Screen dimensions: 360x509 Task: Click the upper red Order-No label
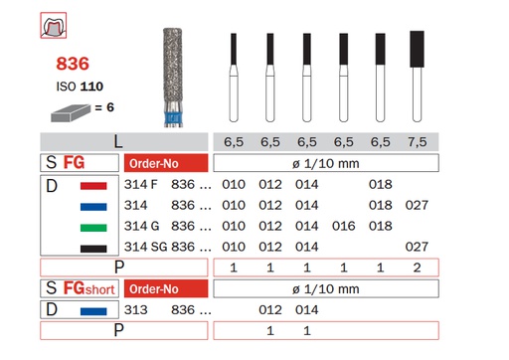click(x=165, y=163)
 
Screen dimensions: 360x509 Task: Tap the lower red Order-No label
click(x=165, y=289)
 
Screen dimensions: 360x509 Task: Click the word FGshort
click(x=85, y=289)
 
